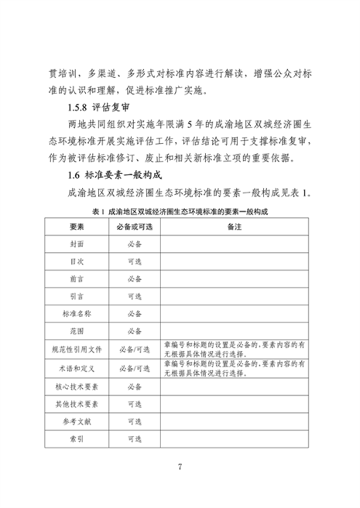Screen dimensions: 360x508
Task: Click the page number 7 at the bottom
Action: click(180, 467)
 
